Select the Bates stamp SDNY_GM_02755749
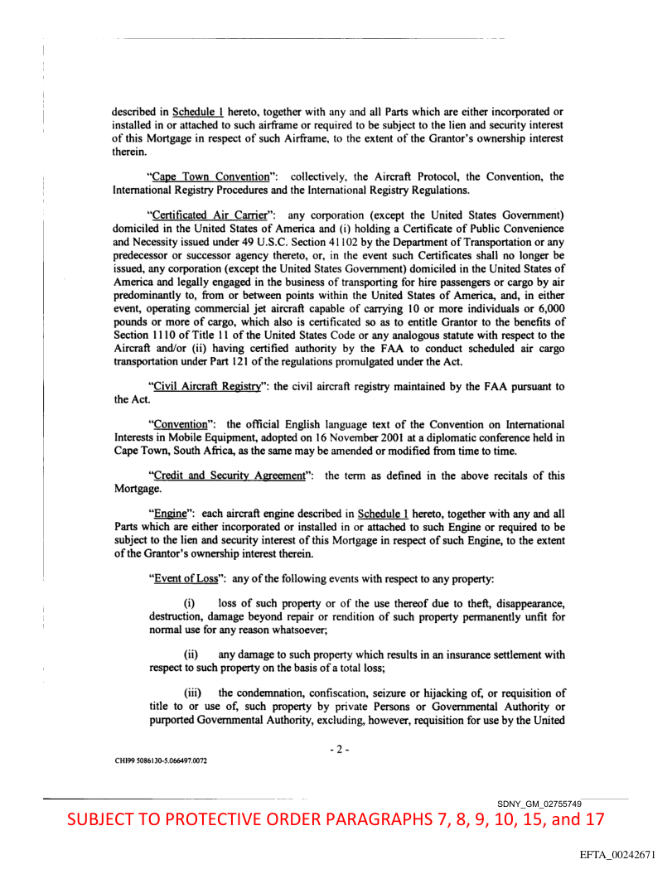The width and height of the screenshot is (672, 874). pyautogui.click(x=539, y=804)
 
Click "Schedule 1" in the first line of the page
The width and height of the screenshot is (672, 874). pyautogui.click(x=198, y=112)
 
